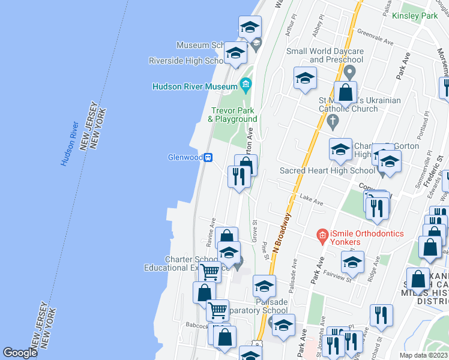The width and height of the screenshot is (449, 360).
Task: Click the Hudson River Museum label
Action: (195, 86)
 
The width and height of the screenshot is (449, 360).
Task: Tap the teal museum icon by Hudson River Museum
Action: (245, 84)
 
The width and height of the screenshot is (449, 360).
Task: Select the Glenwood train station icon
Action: (208, 157)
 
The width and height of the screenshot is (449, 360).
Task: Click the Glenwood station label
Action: (185, 158)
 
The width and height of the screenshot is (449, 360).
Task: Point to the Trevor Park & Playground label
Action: (232, 115)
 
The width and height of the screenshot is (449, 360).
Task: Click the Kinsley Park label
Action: (415, 16)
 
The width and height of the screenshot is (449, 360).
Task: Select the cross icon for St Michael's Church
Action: (334, 121)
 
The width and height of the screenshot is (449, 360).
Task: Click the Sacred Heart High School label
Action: (328, 171)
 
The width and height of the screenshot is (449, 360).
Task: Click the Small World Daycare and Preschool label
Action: (325, 55)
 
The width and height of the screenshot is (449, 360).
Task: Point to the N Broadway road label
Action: (280, 231)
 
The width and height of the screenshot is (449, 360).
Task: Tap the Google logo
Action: (20, 353)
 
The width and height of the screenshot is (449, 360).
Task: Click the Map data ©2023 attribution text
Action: (423, 355)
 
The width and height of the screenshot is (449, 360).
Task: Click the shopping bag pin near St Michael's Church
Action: (345, 92)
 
